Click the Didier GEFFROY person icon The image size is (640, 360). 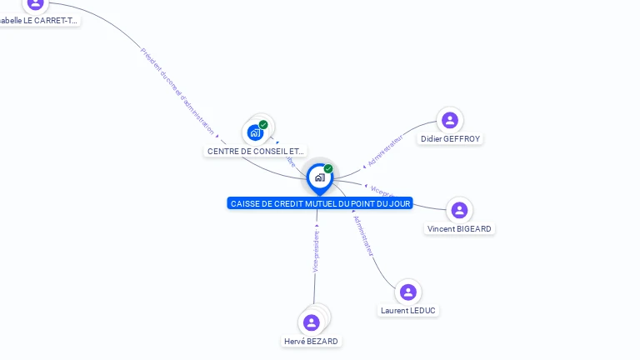coord(450,120)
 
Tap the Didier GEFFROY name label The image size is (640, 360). coord(450,139)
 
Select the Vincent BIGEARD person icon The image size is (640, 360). coord(459,210)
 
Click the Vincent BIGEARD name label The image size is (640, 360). coord(459,228)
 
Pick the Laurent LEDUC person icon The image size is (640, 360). coord(407,292)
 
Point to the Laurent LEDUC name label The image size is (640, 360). coord(407,311)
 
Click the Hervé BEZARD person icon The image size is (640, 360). coord(312,322)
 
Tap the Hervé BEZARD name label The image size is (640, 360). coord(312,342)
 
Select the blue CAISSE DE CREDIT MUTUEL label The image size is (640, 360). coord(320,203)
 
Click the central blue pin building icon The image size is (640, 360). coord(319,177)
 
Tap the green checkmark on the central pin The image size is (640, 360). coord(328,168)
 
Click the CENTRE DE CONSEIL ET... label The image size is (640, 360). coord(256,151)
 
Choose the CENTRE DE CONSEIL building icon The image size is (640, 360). coord(255,132)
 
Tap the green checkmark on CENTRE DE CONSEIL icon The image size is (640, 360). coord(263,124)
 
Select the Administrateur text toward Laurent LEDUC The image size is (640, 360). coord(363,236)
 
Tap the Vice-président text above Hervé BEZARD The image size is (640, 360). coord(316,252)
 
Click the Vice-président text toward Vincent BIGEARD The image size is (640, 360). coord(382,192)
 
